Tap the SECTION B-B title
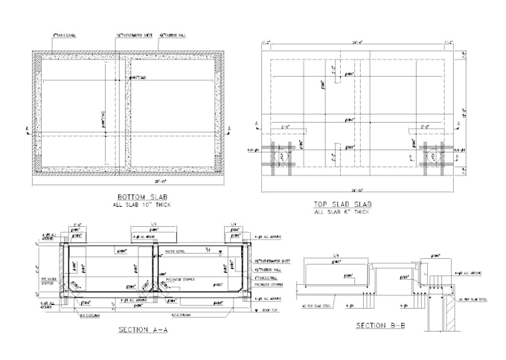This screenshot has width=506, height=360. tap(380, 326)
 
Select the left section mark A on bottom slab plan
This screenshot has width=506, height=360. tap(27, 130)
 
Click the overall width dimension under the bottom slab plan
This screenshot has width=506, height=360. tap(128, 181)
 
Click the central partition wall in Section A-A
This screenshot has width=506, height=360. tap(156, 275)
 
